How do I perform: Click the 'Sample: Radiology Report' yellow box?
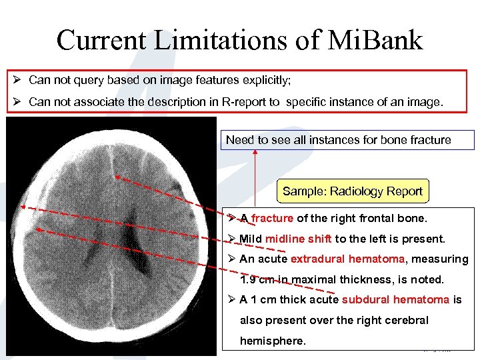352,191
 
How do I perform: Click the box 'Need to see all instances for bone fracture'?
338,140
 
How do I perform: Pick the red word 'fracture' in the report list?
272,218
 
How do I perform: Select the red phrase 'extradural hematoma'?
347,259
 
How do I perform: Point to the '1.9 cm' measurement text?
257,279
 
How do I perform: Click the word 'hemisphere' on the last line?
272,341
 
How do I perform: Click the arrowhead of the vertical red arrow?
255,153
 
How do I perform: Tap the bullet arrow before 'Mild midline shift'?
230,239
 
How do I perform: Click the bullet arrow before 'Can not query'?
20,80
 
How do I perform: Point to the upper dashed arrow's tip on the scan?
116,177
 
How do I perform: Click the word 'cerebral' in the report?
405,320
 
